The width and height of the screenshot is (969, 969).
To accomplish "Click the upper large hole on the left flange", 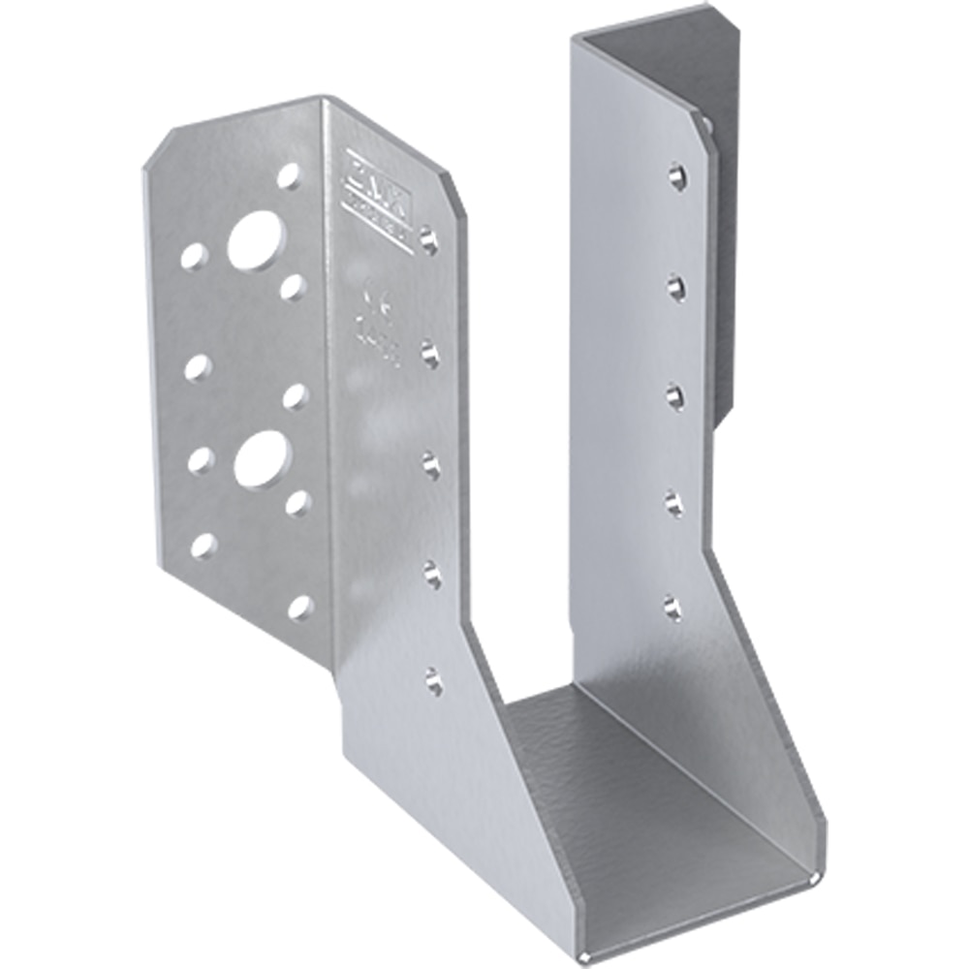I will pyautogui.click(x=256, y=240).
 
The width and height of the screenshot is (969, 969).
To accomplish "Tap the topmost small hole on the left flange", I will pyautogui.click(x=289, y=175).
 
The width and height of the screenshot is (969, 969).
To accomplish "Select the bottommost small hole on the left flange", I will pyautogui.click(x=300, y=608).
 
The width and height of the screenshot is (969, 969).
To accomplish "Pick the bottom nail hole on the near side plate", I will pyautogui.click(x=433, y=681).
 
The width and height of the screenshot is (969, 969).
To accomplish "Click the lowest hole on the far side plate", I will pyautogui.click(x=672, y=609).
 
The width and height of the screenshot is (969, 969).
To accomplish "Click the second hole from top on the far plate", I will pyautogui.click(x=676, y=287).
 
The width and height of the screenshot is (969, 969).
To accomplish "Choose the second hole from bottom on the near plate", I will pyautogui.click(x=432, y=575).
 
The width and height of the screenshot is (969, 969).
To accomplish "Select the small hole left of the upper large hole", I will pyautogui.click(x=194, y=256).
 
